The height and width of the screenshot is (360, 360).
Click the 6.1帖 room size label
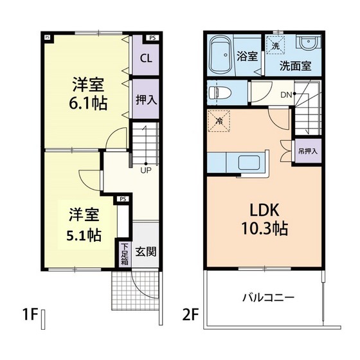click(89, 103)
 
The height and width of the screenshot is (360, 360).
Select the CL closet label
click(146, 58)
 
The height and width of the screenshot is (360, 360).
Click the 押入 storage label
click(145, 100)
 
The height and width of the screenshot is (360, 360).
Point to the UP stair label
click(147, 170)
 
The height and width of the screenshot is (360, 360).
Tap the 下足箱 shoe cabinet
click(124, 254)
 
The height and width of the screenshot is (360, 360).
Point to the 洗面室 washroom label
click(295, 66)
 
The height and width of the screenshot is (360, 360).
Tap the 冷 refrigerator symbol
click(219, 120)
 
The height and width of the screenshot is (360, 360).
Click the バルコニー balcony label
click(268, 298)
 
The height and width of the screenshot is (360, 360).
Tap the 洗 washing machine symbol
click(276, 46)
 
